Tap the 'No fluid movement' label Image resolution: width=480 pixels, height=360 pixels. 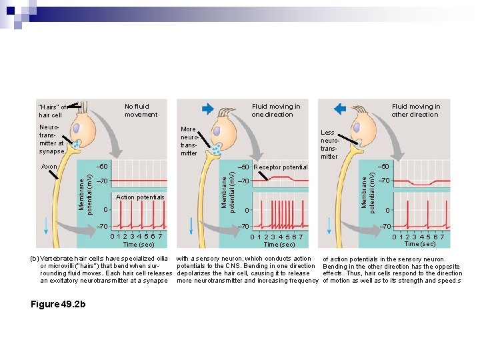141,110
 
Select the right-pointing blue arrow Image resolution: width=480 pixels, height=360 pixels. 207,109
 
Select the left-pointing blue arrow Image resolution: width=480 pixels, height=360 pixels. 339,109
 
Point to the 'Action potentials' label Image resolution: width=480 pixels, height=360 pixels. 140,197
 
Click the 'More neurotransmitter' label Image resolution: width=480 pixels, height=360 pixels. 189,141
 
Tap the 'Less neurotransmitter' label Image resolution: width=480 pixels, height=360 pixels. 329,145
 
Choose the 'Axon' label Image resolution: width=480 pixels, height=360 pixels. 49,166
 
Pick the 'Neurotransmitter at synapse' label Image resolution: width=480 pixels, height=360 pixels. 51,139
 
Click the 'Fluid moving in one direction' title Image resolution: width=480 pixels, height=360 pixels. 275,110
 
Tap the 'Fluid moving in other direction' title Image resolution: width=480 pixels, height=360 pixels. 415,110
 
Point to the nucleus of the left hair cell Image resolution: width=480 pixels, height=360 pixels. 78,129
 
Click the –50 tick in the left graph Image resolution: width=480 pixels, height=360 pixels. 102,166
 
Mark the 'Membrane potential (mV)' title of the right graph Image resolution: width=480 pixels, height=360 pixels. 366,189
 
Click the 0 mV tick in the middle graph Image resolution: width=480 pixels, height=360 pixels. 246,211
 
